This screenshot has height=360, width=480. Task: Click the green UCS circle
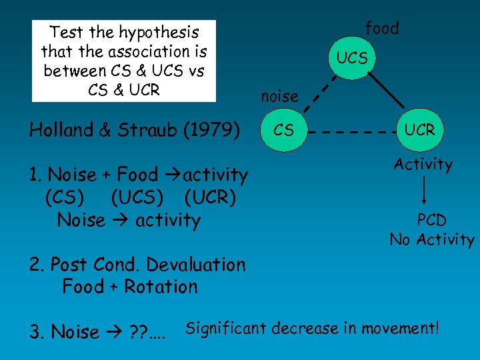352,57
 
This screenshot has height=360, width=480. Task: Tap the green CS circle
283,130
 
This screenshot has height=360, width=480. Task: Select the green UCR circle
419,130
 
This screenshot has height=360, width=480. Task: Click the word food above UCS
382,28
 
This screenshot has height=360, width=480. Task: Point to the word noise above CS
279,97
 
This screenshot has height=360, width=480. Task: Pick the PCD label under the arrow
431,220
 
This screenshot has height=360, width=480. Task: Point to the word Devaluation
195,265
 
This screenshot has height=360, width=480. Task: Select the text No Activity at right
432,240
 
